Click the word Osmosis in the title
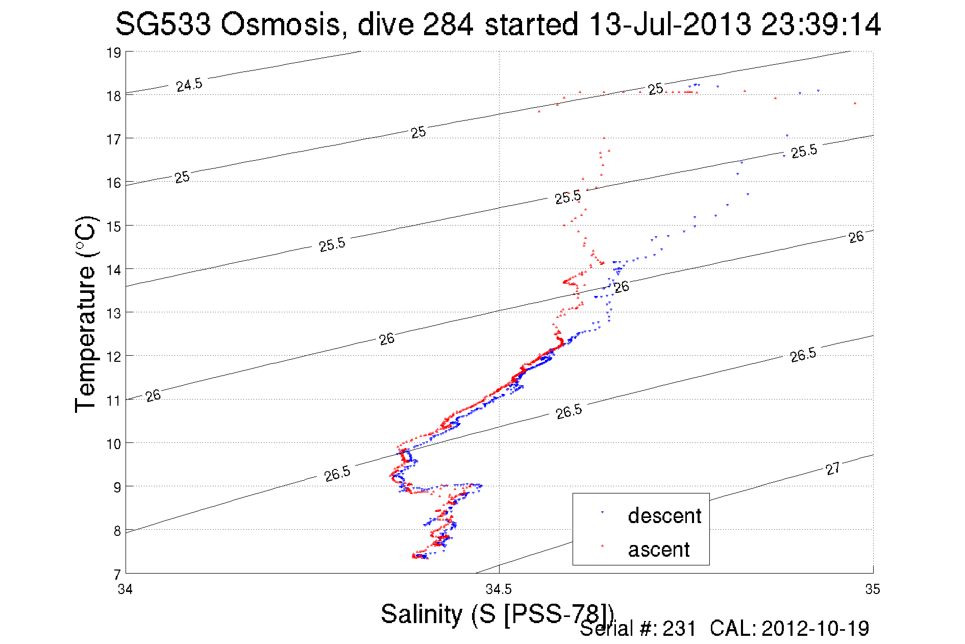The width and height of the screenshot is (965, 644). click(280, 24)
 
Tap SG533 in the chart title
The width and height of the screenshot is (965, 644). click(163, 24)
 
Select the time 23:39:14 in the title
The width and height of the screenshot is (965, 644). click(821, 24)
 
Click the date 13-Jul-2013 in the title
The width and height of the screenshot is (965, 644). click(669, 24)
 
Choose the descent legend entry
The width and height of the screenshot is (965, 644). click(664, 516)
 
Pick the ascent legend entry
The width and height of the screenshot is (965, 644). click(658, 550)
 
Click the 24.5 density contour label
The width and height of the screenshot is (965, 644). click(189, 85)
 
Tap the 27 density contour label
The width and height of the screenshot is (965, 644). click(833, 468)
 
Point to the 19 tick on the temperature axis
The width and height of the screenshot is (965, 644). click(114, 53)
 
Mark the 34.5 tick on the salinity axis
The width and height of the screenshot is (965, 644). click(499, 590)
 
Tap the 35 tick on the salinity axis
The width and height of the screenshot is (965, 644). click(873, 590)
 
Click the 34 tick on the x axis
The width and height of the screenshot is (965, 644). click(126, 590)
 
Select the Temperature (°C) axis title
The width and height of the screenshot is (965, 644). click(85, 314)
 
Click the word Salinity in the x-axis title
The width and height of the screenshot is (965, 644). click(421, 613)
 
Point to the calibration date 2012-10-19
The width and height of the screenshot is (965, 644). click(815, 629)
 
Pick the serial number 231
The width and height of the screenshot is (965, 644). click(679, 629)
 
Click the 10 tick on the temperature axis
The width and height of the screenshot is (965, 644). click(114, 444)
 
